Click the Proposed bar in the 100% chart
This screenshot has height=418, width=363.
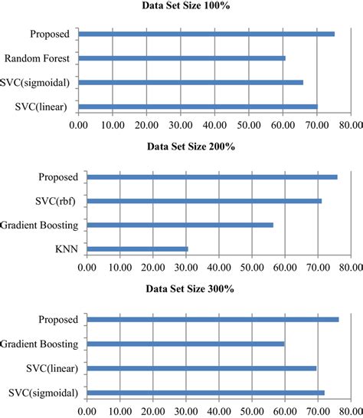206,34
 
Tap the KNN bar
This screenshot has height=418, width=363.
137,248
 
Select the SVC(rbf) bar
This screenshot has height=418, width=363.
204,201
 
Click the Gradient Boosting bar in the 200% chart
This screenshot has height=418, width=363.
180,225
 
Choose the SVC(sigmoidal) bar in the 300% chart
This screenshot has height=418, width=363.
205,393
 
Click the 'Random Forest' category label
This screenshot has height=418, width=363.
37,58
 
